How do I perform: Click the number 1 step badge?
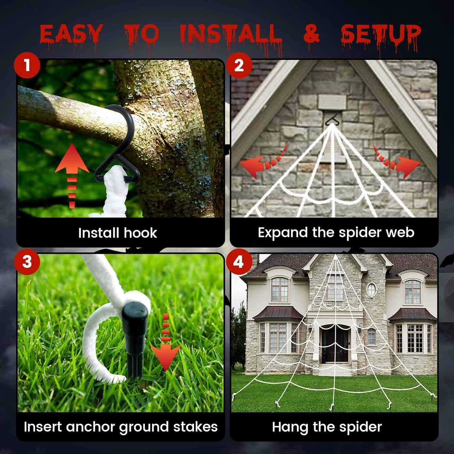pos(27,65)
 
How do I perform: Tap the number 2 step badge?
pos(239,65)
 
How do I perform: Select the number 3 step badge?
pos(27,261)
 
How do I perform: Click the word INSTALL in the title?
pos(231,34)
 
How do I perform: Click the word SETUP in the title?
pos(380,34)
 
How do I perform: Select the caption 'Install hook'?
pos(117,233)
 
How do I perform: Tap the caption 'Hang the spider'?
pos(327,427)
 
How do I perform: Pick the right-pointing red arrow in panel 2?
pos(400,163)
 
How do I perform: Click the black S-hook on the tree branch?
pos(117,142)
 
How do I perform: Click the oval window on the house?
pos(371,289)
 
